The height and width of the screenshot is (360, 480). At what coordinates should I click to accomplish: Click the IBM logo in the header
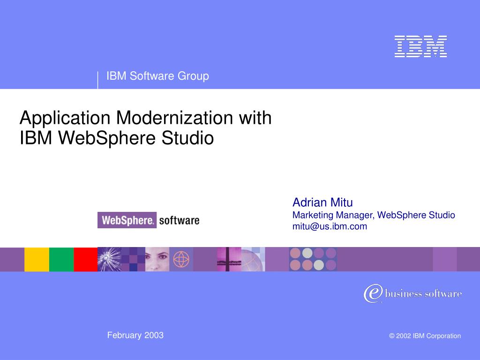tap(420, 46)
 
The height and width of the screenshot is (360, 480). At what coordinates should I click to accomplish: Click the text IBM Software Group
tap(157, 76)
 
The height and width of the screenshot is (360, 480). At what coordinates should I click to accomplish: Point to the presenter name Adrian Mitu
tap(322, 202)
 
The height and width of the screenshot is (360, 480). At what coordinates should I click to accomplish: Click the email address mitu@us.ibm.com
tap(330, 226)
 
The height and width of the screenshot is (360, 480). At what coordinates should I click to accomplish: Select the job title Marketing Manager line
tap(374, 215)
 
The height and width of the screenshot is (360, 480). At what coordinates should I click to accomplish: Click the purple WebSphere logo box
tap(127, 220)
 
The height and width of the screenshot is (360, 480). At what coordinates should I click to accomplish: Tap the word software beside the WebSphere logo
tap(179, 220)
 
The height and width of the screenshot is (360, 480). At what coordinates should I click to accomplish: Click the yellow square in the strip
tap(37, 259)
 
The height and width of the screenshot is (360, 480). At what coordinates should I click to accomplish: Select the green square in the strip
tap(61, 259)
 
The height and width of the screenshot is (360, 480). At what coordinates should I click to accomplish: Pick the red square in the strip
tap(85, 259)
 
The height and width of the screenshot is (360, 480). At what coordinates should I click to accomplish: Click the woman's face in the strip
tap(157, 259)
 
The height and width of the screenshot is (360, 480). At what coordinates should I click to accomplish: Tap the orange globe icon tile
tap(181, 259)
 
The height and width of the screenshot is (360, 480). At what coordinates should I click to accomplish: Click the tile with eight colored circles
tap(313, 259)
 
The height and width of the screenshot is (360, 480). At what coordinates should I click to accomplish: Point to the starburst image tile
tap(109, 259)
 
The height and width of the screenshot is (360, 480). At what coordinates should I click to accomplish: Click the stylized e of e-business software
tap(372, 293)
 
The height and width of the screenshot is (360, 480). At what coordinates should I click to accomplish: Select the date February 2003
tap(135, 335)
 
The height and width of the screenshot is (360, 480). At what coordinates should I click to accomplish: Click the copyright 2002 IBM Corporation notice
tap(425, 336)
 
